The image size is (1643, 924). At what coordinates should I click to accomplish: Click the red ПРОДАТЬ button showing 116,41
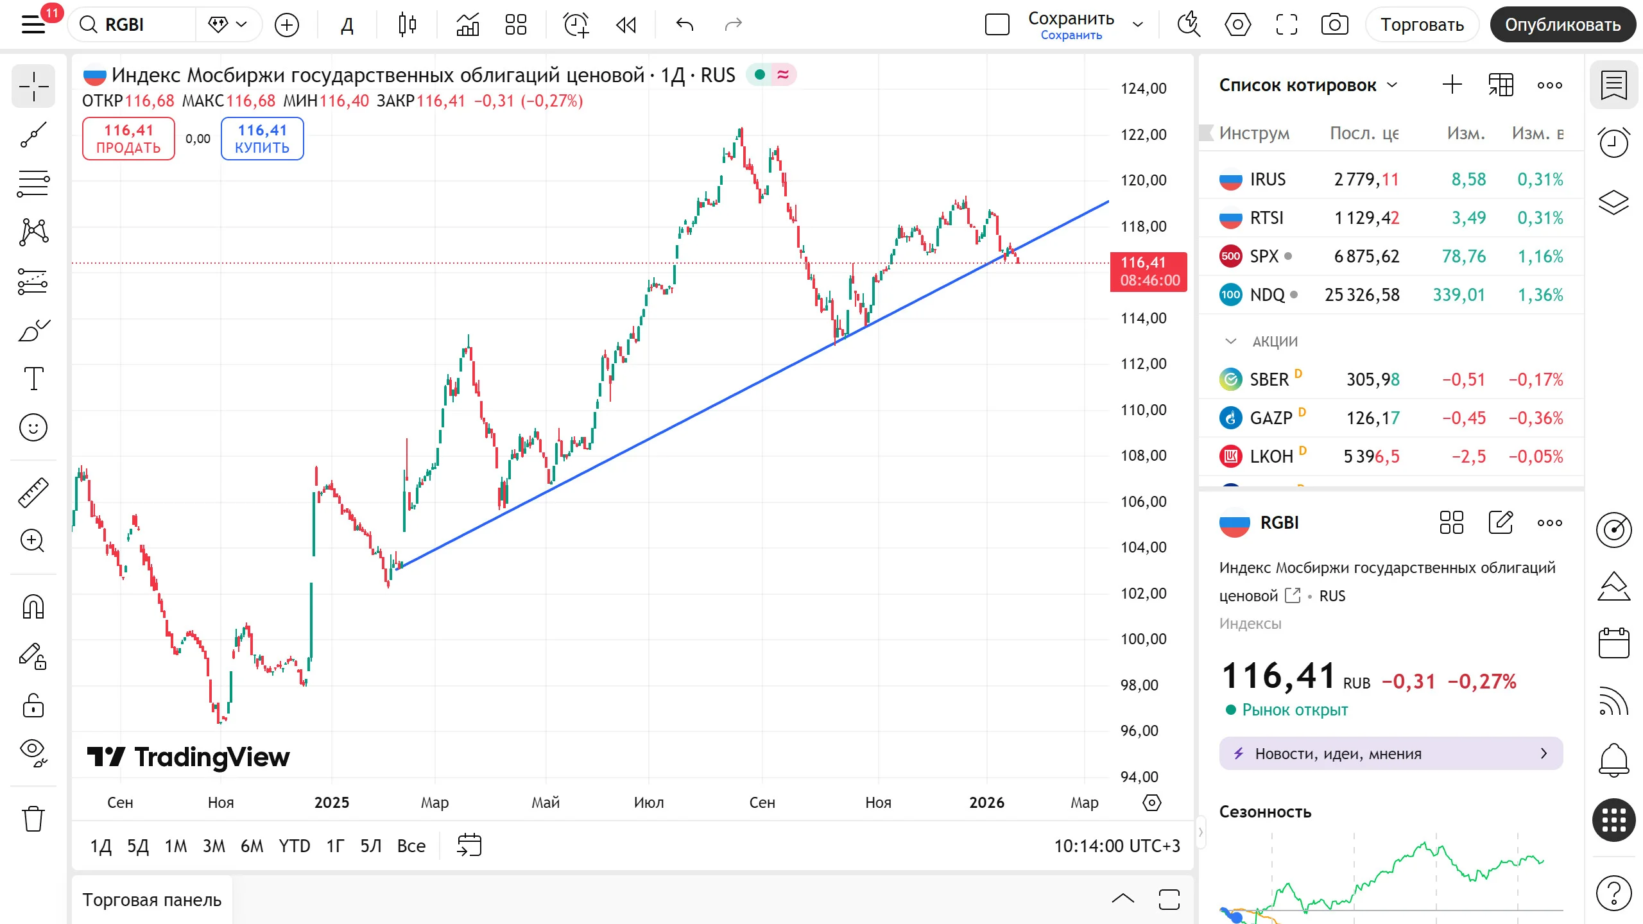[x=128, y=139]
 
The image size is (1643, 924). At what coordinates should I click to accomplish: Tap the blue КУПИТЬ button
[x=262, y=139]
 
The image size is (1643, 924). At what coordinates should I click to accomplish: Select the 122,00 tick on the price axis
[x=1144, y=135]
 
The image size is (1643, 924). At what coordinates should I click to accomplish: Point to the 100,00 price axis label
[x=1144, y=639]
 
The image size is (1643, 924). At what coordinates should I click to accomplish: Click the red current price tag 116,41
[x=1149, y=271]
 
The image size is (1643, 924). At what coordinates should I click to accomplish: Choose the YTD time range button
[x=294, y=846]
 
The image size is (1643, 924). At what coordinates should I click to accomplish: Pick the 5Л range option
[x=371, y=846]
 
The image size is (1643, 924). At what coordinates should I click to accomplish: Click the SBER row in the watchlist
[x=1391, y=380]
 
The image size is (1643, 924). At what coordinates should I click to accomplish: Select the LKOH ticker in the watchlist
[x=1271, y=457]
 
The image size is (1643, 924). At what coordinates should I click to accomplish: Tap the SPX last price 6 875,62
[x=1366, y=257]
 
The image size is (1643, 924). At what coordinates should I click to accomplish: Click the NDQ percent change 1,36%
[x=1540, y=295]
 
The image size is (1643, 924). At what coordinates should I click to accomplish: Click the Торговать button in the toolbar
[x=1422, y=25]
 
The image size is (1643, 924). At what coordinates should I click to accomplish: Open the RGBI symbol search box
[x=132, y=25]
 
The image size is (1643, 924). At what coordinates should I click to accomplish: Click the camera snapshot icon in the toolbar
[x=1335, y=25]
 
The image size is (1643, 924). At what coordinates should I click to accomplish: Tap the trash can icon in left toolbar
[x=33, y=819]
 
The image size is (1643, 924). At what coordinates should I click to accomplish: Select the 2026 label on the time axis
[x=987, y=803]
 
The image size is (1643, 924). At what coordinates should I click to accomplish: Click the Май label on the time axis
[x=546, y=803]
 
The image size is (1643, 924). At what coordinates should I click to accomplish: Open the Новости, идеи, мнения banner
[x=1391, y=754]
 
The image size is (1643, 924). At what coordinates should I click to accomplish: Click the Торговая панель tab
[x=152, y=900]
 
